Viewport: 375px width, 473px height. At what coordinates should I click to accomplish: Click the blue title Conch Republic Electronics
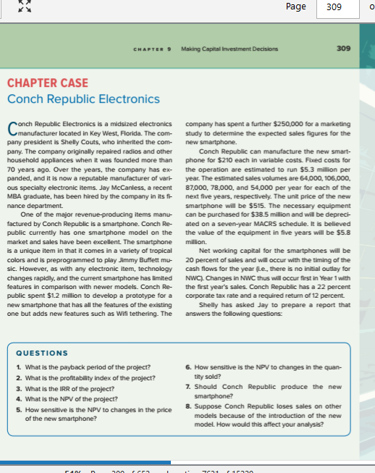[83, 99]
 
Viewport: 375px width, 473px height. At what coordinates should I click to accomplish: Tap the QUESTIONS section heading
[41, 353]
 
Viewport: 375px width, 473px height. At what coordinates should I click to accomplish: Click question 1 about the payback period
[80, 369]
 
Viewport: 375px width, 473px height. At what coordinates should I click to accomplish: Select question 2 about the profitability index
[84, 378]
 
